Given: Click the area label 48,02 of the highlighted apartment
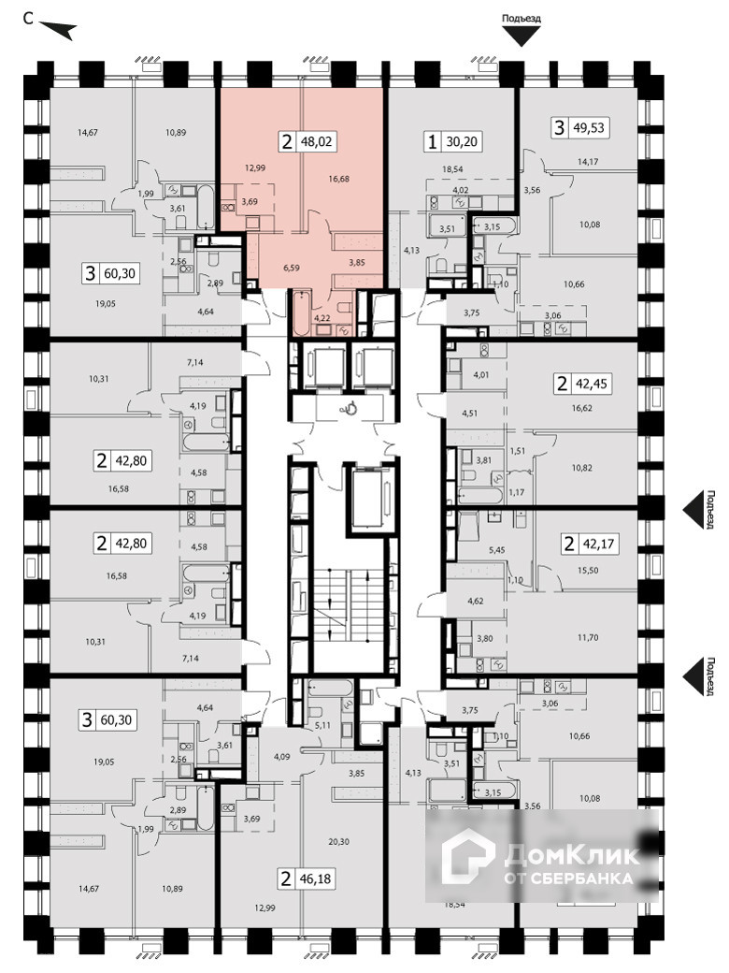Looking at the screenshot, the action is point(318,143).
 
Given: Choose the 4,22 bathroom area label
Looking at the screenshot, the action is point(322,319).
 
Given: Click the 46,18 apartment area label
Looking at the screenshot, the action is point(318,879).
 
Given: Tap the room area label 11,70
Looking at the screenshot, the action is point(588,637).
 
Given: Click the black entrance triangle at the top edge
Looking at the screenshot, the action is point(522,36).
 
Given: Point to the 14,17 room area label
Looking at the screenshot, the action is point(588,162).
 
